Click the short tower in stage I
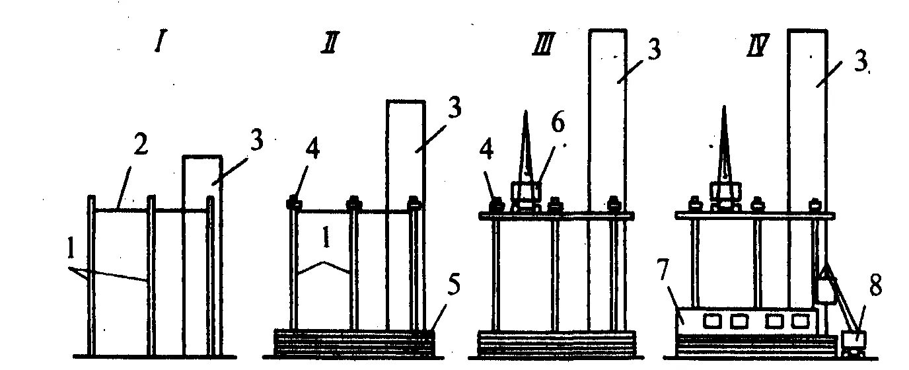point(201,251)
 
